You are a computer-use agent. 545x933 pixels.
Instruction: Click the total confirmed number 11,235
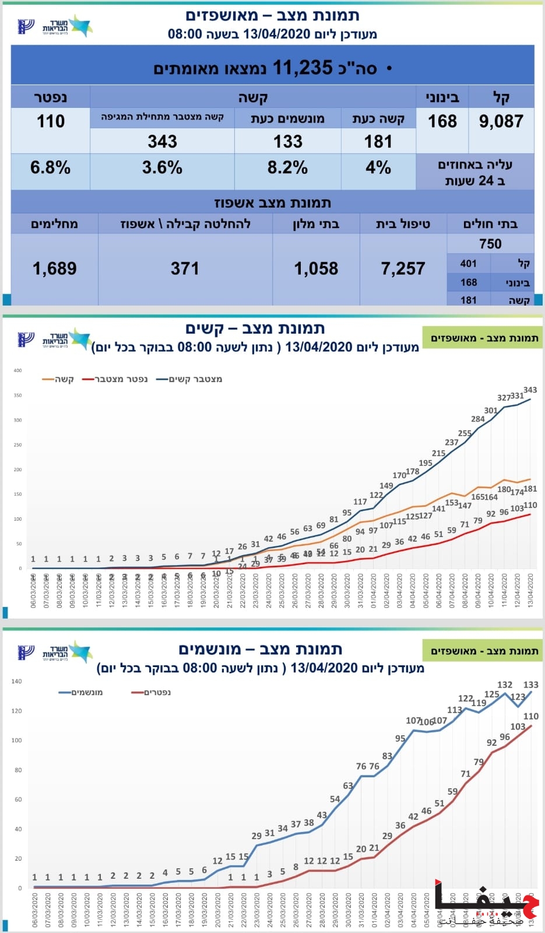click(x=303, y=68)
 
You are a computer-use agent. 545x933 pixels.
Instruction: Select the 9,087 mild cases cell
click(x=501, y=121)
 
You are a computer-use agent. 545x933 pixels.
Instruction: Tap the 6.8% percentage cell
click(x=50, y=168)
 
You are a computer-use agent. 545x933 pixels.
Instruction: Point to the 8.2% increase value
click(x=287, y=168)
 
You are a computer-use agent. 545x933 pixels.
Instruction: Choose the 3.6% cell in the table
click(x=162, y=168)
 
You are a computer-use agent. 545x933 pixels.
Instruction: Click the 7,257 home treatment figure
click(x=403, y=268)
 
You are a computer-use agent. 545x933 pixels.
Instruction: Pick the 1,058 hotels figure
click(x=316, y=268)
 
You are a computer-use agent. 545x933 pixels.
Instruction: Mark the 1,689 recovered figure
click(x=55, y=268)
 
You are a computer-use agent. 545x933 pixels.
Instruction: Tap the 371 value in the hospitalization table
click(x=185, y=268)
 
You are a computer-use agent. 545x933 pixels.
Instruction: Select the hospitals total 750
click(x=490, y=244)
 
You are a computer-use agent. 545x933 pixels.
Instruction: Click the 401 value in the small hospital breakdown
click(x=468, y=264)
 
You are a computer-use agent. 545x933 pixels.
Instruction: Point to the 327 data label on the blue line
click(x=504, y=398)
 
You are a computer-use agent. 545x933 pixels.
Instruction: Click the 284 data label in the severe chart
click(x=478, y=419)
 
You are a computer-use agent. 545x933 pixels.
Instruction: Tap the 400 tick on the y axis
click(x=17, y=370)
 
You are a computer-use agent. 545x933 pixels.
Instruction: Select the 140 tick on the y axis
click(x=16, y=681)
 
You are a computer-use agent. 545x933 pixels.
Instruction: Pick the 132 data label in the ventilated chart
click(x=505, y=685)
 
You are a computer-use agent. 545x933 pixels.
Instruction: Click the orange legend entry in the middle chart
click(x=58, y=379)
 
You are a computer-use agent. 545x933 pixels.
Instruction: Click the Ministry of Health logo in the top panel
click(x=55, y=26)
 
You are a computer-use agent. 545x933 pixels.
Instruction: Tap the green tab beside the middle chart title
click(x=483, y=338)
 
